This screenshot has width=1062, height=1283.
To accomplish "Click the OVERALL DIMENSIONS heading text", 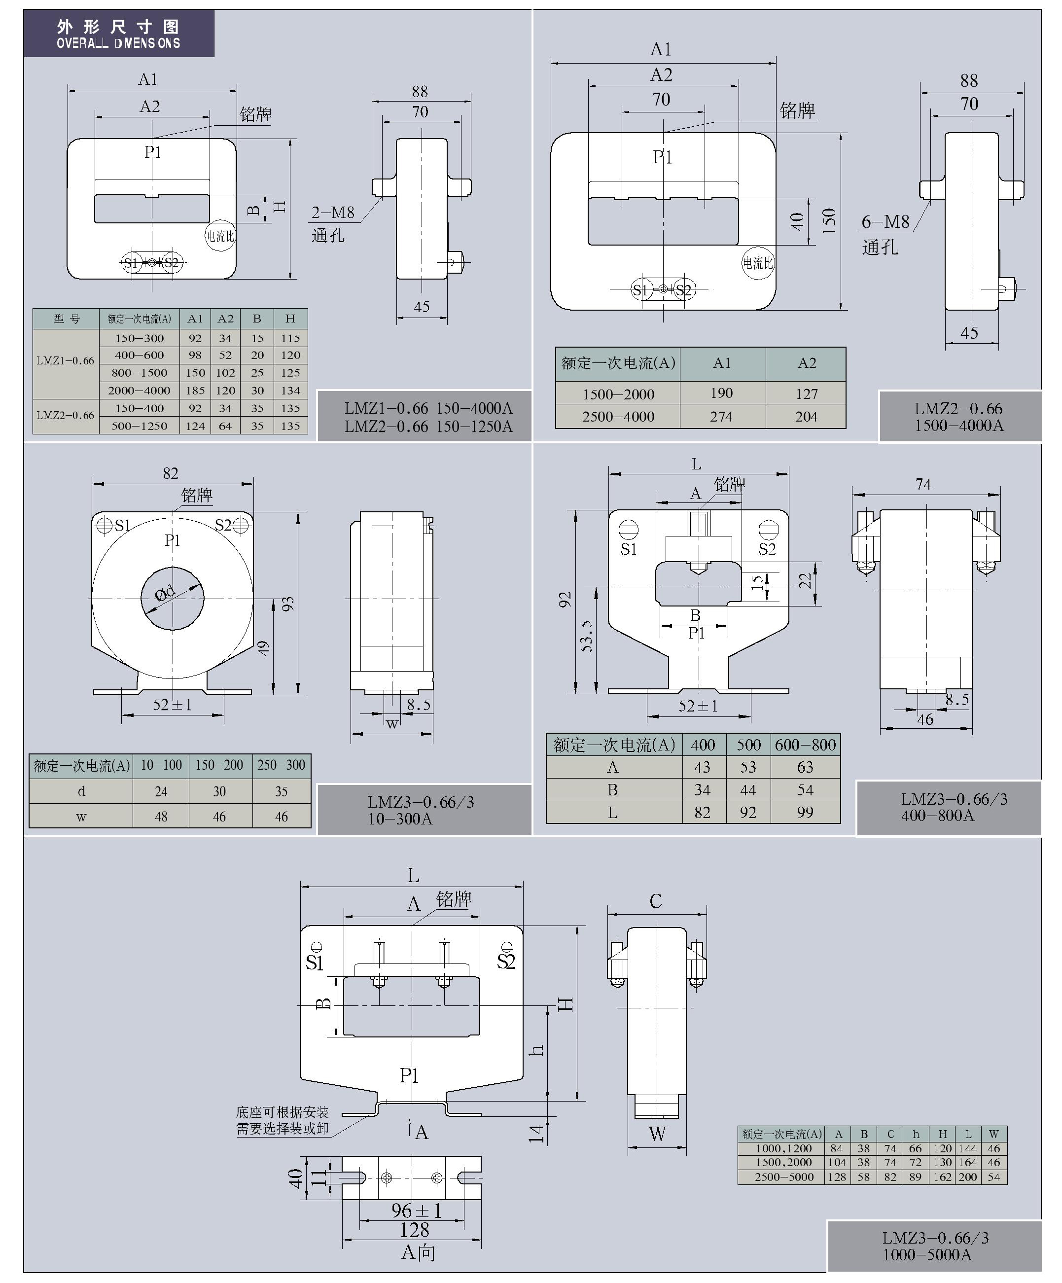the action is (118, 43).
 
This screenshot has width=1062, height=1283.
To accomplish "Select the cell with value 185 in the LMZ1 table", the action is (196, 391).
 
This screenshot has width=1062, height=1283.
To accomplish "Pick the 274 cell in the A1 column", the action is (722, 417).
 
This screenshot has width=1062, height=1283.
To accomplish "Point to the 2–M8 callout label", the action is (333, 213).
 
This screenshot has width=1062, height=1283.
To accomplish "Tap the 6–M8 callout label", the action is (885, 222).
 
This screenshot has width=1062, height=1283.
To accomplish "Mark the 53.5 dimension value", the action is (587, 636).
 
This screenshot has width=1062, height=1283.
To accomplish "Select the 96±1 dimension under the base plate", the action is (416, 1211).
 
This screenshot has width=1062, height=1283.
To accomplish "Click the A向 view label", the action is (418, 1252).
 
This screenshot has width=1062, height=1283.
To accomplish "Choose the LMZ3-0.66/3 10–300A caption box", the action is (424, 810).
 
